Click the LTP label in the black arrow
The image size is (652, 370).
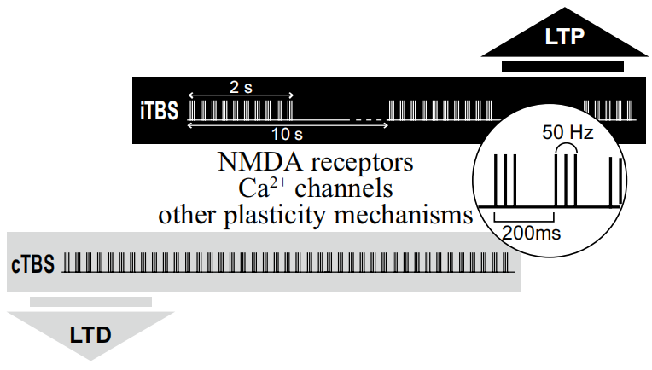564,37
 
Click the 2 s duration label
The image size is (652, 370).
240,86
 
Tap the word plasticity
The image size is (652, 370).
283,214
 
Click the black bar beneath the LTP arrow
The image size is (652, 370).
563,66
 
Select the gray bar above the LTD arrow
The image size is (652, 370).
90,301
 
